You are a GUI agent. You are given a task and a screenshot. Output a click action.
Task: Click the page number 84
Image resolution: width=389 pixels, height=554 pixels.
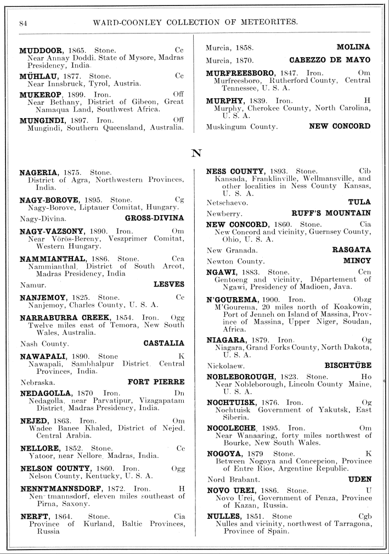coord(23,23)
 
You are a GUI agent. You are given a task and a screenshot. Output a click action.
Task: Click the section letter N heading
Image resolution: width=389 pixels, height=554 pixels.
coord(195,153)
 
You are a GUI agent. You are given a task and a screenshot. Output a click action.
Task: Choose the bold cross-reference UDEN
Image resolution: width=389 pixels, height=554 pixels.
coord(359,479)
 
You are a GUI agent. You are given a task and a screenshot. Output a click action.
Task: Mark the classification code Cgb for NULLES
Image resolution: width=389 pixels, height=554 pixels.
coord(364,516)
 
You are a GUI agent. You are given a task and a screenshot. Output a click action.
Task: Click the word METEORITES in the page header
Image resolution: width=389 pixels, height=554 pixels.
coord(265,22)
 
